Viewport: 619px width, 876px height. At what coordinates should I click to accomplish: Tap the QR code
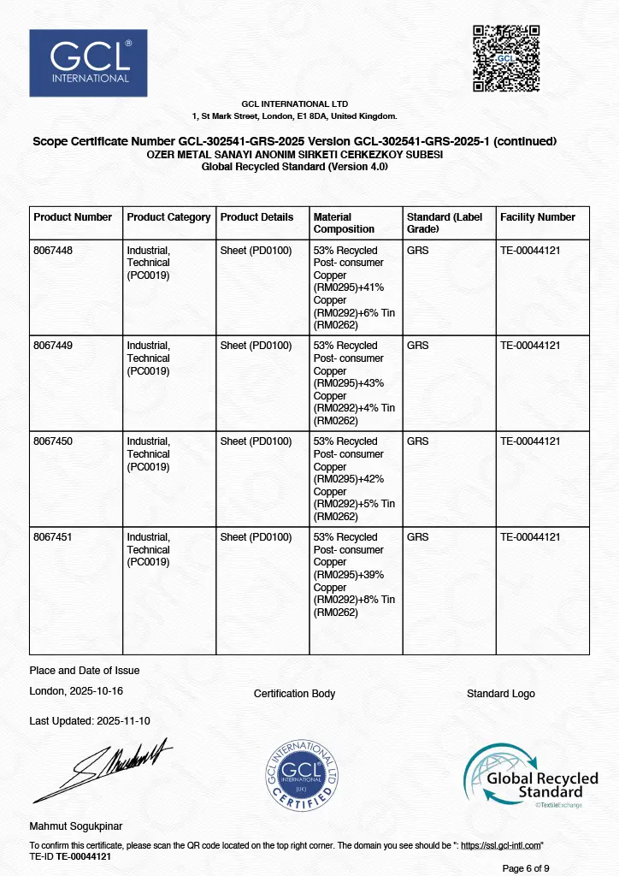point(506,58)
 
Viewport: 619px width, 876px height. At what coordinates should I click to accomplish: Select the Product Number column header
point(73,217)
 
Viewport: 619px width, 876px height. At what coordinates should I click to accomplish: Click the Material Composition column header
point(344,223)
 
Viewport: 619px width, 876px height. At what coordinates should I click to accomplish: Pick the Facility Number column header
point(538,217)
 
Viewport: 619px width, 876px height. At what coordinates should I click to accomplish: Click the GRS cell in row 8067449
point(418,346)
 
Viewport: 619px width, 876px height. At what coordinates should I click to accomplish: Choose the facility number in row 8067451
point(530,537)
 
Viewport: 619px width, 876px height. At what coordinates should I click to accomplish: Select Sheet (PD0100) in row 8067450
point(256,441)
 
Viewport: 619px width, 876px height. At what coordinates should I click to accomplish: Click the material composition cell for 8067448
point(355,287)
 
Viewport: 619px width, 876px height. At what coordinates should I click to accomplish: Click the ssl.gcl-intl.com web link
point(501,845)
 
